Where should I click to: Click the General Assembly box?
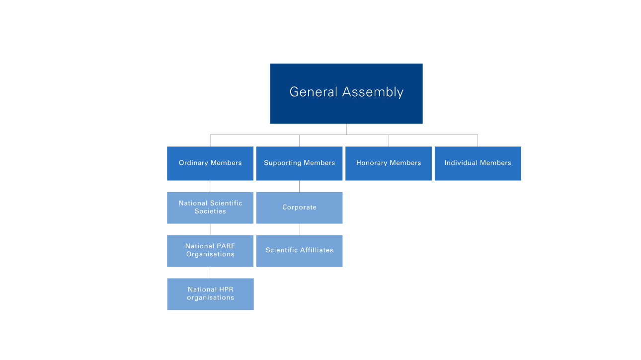click(346, 93)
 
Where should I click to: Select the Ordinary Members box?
click(210, 163)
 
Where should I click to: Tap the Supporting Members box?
click(299, 163)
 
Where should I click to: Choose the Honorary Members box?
click(389, 163)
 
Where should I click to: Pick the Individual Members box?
click(478, 163)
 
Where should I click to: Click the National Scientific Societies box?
click(210, 207)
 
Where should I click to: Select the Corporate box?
click(299, 207)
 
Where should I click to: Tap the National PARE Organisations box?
click(210, 250)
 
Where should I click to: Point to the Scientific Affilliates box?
click(299, 250)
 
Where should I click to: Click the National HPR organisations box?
click(210, 293)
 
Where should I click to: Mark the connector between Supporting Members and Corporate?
click(299, 186)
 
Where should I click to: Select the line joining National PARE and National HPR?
click(210, 273)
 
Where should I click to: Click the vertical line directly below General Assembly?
click(346, 129)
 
